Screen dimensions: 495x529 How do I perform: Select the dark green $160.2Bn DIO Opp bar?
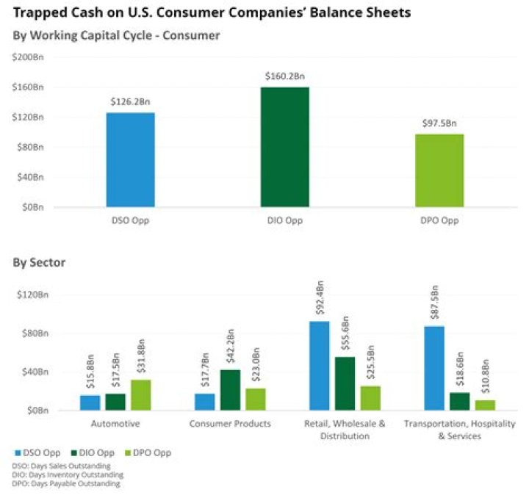click(x=284, y=147)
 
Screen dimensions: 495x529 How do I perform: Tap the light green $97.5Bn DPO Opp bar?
click(x=439, y=170)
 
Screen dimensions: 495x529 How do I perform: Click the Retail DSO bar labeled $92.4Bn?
click(x=319, y=365)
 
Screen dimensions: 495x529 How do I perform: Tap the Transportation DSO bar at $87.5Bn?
click(x=434, y=367)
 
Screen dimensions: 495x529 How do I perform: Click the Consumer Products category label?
click(x=229, y=424)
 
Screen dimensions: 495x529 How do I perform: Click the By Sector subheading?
click(x=39, y=262)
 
